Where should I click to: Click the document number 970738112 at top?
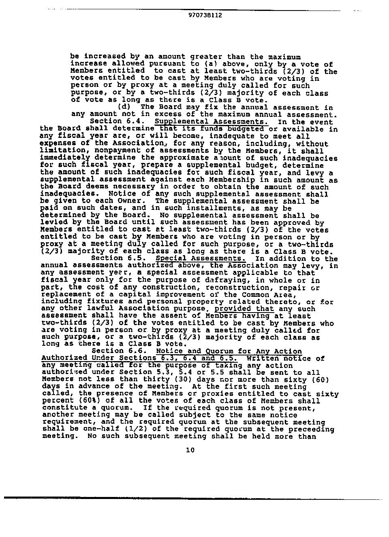pyautogui.click(x=205, y=15)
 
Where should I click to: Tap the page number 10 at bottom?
pyautogui.click(x=190, y=450)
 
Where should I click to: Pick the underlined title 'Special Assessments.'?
pyautogui.click(x=201, y=258)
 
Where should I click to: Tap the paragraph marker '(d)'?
pyautogui.click(x=124, y=107)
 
